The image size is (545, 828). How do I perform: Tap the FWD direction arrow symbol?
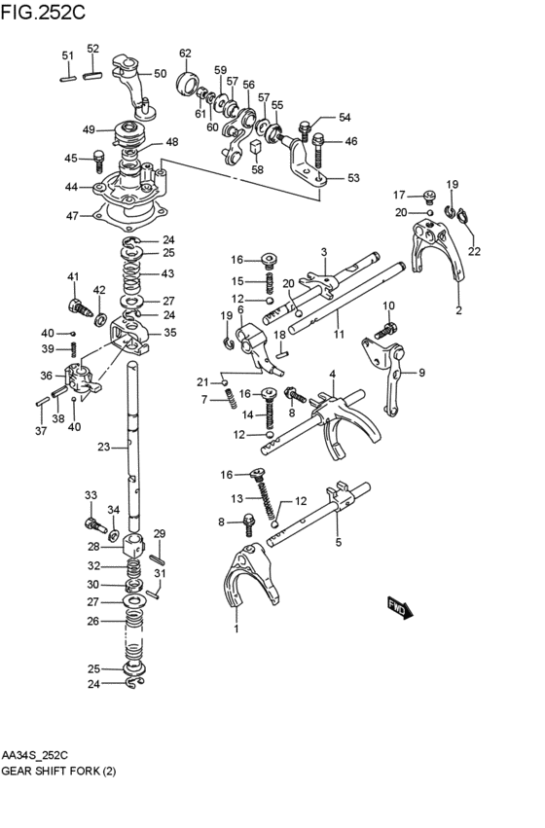[x=401, y=607]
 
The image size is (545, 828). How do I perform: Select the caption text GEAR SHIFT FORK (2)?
[x=64, y=769]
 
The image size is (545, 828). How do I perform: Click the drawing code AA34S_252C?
[x=42, y=754]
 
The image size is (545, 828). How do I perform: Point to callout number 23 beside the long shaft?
[x=103, y=448]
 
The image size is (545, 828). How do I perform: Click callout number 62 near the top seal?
[x=185, y=54]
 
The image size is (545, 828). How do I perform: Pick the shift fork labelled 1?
[x=238, y=584]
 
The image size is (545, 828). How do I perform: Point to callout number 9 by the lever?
[x=421, y=372]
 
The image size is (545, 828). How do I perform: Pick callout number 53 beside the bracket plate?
[x=353, y=178]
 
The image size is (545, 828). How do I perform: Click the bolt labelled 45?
[x=99, y=159]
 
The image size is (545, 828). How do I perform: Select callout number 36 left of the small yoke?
[x=45, y=376]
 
